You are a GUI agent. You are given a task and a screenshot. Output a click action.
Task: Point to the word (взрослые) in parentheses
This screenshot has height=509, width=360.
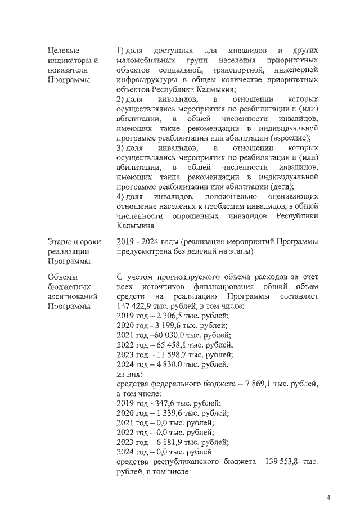[289, 138]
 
